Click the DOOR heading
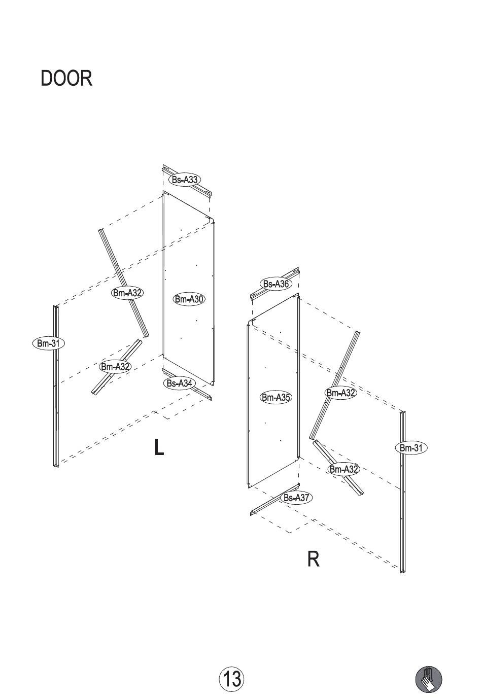click(66, 78)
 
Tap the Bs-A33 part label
click(185, 180)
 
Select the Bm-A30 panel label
click(189, 299)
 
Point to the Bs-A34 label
click(179, 383)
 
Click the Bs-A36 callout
click(276, 284)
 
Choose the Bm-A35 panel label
click(276, 398)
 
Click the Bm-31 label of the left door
click(48, 343)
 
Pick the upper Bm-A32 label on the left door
click(127, 293)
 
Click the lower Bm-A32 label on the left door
click(115, 367)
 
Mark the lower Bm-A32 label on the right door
click(343, 469)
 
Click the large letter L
click(159, 447)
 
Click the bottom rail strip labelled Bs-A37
click(274, 499)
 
